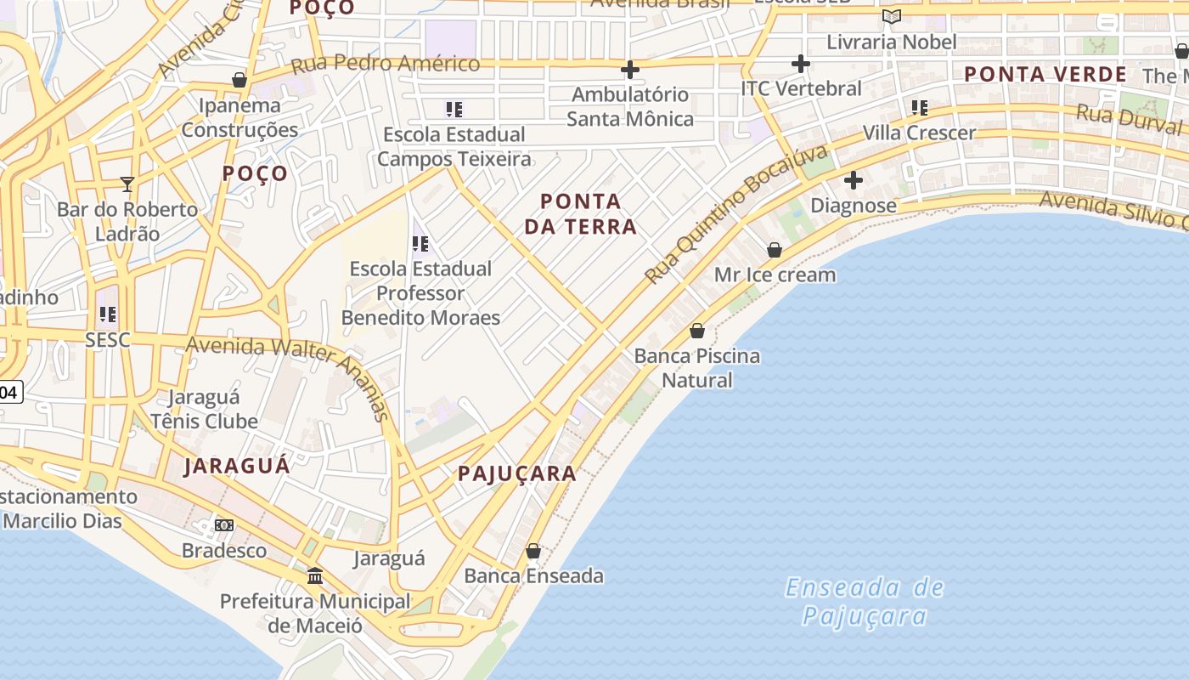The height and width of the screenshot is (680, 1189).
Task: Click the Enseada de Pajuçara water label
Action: coord(865,601)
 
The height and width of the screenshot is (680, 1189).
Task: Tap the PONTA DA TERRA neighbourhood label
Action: coord(581,213)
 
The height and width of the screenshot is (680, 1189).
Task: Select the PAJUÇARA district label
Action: coord(517,473)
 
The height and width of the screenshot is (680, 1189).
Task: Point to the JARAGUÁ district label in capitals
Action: coord(237,466)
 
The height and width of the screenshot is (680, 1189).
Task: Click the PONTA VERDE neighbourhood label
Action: coord(1045,74)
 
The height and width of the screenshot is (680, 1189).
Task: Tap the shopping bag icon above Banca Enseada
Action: coord(533,551)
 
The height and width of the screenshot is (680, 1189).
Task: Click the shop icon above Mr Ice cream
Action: coord(775,250)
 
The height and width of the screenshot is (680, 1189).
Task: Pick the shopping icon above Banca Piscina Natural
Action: coord(697,331)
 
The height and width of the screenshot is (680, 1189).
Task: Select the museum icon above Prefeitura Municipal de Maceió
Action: coord(315,576)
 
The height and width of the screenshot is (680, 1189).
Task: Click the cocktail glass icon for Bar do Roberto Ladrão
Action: coord(127,184)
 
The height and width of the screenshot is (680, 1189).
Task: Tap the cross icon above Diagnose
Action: coord(854,180)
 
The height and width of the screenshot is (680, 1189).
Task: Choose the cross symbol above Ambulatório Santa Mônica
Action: coord(630,69)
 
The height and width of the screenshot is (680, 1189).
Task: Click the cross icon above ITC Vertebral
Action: coord(800,64)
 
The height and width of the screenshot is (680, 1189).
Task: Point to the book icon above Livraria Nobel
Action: coord(891,17)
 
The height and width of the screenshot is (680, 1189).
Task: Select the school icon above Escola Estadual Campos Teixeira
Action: coord(454,109)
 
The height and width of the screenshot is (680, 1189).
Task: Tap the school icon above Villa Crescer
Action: coord(920,108)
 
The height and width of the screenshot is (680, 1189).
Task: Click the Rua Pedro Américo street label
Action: coord(386,64)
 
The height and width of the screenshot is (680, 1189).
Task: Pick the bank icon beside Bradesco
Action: coord(224,525)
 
